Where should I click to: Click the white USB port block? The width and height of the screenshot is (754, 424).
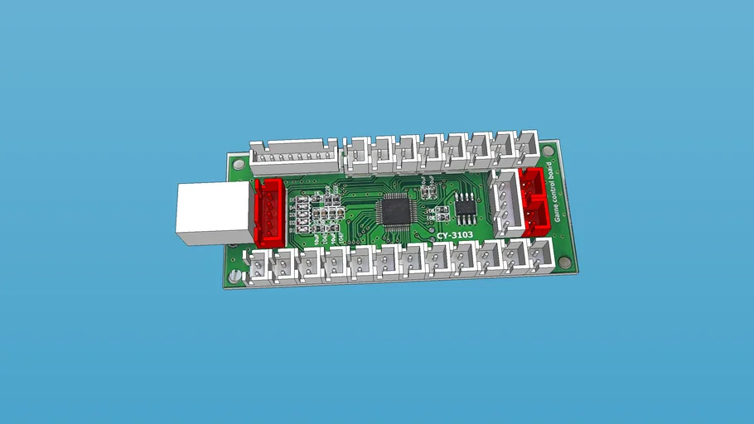210,213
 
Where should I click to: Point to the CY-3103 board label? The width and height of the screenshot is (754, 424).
455,236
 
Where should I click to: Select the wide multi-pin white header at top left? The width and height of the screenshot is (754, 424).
293,156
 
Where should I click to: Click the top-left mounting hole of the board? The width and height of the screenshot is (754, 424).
239,164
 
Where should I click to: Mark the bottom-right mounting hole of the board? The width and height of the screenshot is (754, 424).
565,263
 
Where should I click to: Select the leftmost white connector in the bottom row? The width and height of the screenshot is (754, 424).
259,265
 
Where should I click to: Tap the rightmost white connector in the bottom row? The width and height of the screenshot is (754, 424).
541,253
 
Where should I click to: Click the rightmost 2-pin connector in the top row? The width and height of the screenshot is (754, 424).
527,147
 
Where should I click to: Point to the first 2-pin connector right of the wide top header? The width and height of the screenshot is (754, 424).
357,154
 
